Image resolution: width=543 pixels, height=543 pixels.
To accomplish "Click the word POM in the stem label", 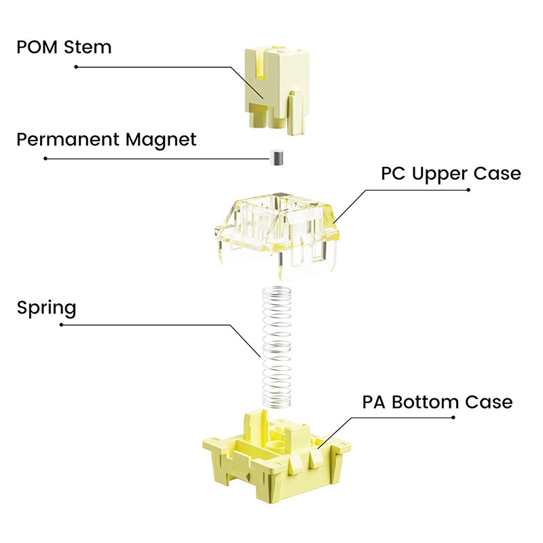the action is [x=37, y=47].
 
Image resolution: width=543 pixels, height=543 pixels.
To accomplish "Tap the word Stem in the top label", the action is [x=88, y=47].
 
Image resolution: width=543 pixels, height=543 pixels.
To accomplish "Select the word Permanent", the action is [x=69, y=139].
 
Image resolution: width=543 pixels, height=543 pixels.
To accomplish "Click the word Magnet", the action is [x=161, y=139].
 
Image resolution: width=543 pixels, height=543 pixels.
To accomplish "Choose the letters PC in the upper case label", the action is [x=393, y=173].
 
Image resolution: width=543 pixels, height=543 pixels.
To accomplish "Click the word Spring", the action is [x=46, y=308].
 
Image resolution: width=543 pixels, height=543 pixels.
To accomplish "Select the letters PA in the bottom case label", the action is [x=374, y=402].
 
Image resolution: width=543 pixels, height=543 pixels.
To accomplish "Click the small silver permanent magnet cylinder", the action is [x=277, y=157].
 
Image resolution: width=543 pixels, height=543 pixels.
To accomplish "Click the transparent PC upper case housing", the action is [x=276, y=236].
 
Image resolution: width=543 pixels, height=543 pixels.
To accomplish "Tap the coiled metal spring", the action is [x=277, y=346].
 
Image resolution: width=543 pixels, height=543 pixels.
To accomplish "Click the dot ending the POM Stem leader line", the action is [x=76, y=67].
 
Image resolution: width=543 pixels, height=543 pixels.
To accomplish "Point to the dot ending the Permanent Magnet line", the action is [x=45, y=159].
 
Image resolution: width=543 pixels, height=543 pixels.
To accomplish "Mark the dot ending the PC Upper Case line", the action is [x=468, y=190].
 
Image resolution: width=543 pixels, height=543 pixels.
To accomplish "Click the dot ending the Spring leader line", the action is [x=61, y=325].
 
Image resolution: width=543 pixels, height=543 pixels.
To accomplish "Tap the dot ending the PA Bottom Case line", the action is [x=453, y=417].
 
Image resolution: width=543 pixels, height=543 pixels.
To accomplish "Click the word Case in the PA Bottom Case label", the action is [x=489, y=402].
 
